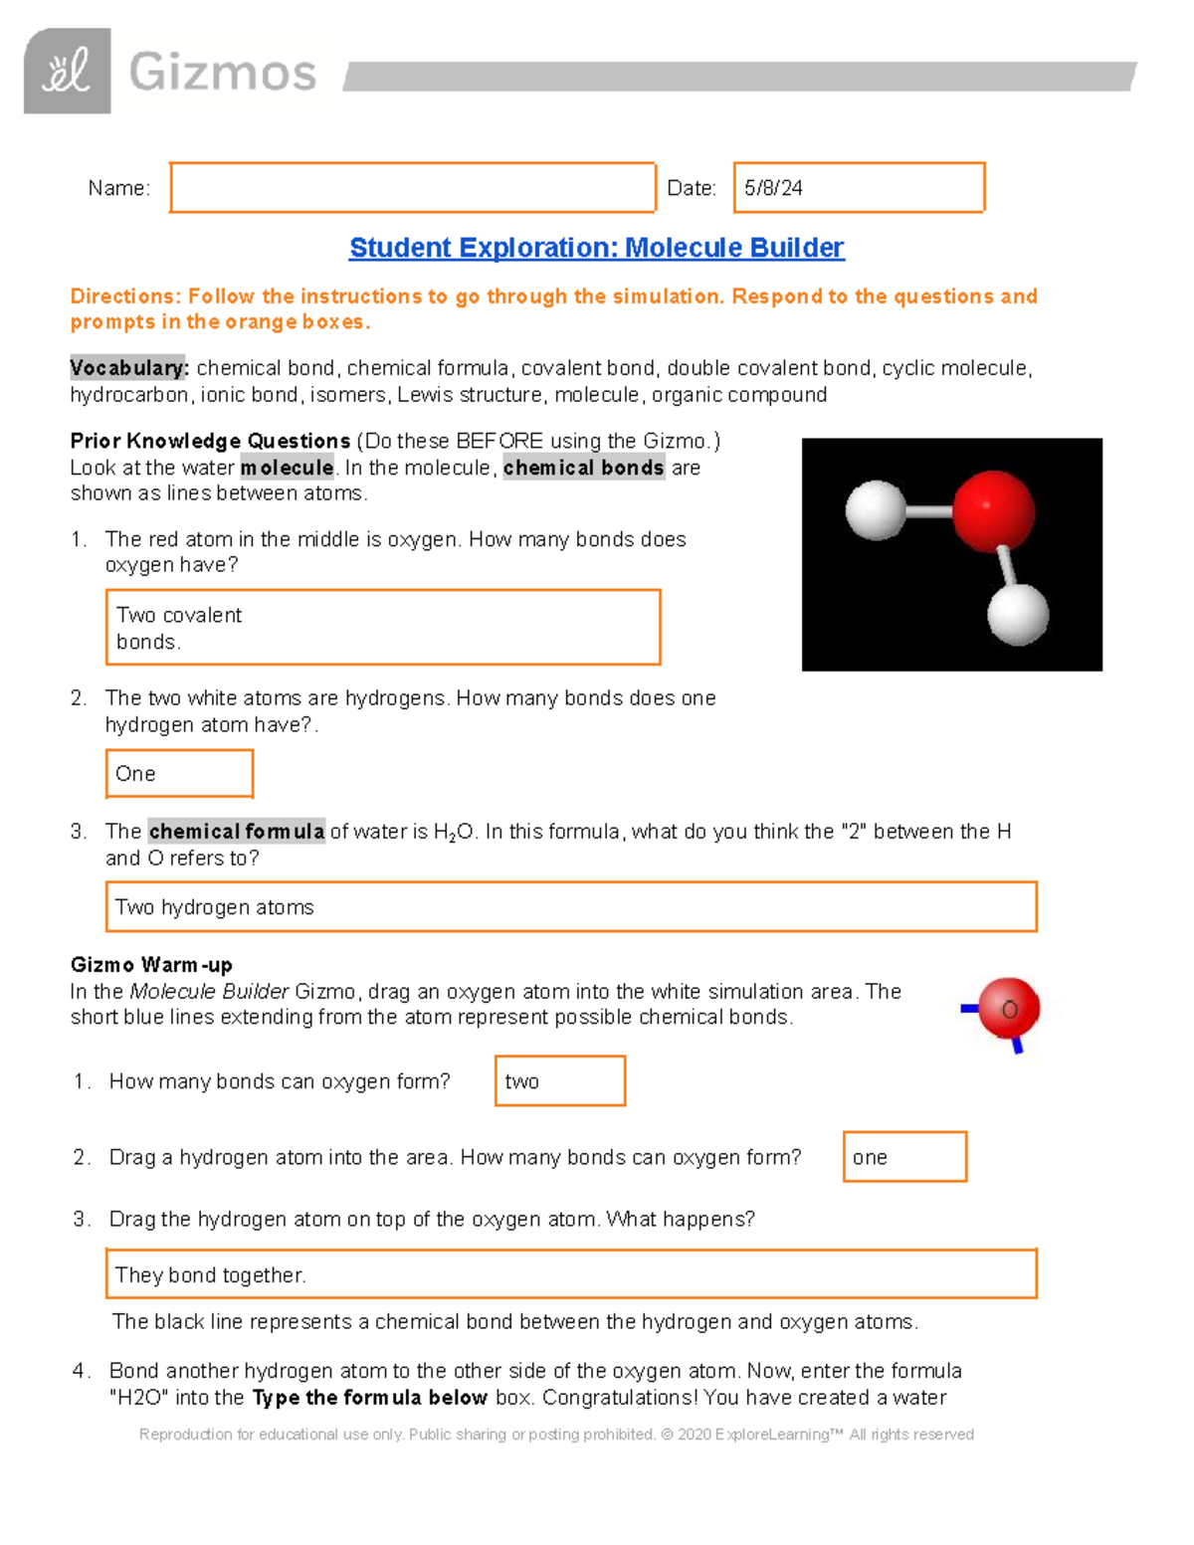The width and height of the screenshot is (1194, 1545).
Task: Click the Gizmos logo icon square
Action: (67, 71)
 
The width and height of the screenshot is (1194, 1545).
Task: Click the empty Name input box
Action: (412, 187)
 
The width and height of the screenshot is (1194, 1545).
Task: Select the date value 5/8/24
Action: (773, 188)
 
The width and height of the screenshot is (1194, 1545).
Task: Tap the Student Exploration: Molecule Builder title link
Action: (596, 248)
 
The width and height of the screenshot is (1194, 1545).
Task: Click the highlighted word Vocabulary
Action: (128, 368)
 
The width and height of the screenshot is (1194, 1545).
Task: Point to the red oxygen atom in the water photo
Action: (992, 511)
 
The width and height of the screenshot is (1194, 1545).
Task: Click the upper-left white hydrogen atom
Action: (875, 510)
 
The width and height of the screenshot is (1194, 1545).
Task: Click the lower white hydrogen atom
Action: (1017, 614)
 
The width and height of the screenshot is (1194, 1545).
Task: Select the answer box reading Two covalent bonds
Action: (382, 627)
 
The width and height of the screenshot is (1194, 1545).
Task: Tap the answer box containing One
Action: (179, 773)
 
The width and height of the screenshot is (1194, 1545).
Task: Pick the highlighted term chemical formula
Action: (237, 832)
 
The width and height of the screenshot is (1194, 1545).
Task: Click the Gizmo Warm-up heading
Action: (151, 965)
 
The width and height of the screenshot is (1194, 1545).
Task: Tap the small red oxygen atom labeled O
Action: (1008, 1009)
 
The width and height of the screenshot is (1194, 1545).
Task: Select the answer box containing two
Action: (559, 1080)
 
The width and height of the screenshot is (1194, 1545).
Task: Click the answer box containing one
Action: (903, 1156)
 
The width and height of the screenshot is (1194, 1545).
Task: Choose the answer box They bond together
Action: (570, 1273)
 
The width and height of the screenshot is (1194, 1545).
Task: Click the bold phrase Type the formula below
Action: (369, 1398)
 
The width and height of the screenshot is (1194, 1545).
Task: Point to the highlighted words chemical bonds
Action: (583, 468)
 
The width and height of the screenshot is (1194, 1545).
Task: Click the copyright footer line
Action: (556, 1434)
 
